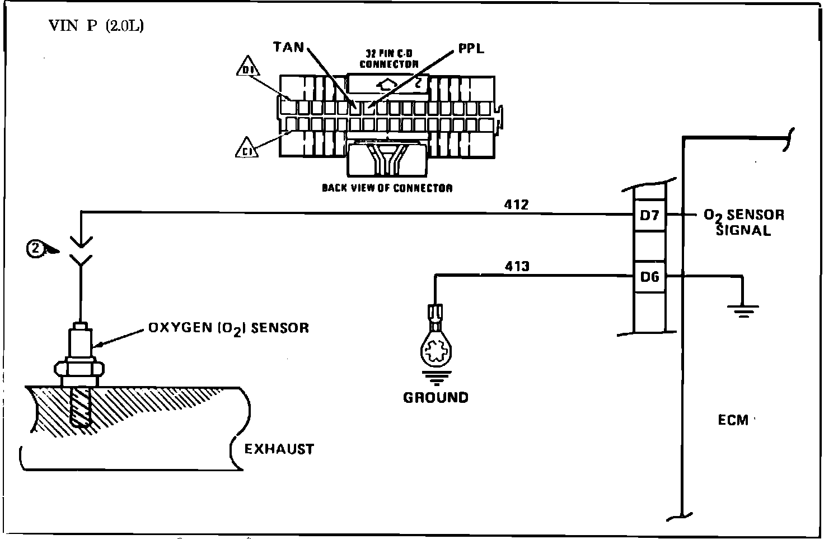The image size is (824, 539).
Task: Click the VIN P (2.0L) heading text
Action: point(96,26)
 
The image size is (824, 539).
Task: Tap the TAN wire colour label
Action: point(289,47)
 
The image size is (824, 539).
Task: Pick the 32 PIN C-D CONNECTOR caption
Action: point(388,59)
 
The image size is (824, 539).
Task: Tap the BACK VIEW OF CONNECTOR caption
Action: point(387,188)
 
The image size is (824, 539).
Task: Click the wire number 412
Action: point(516,205)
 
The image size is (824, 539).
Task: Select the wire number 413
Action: point(517,266)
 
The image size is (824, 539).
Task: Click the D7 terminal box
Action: point(649,215)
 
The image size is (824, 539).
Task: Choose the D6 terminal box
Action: point(649,276)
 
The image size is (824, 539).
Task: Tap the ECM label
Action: point(733,420)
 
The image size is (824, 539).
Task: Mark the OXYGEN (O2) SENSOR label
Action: point(228,328)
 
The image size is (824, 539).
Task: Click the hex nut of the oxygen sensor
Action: point(79,368)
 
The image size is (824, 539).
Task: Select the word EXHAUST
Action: point(279,449)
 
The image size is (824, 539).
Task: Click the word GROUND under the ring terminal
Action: point(436,398)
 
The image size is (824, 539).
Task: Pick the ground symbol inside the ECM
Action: point(743,310)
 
